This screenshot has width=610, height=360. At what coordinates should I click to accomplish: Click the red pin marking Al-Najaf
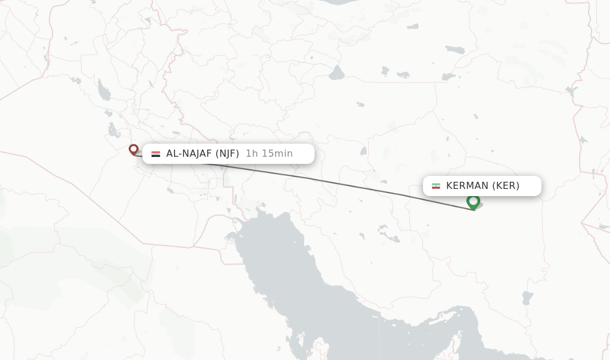click(133, 149)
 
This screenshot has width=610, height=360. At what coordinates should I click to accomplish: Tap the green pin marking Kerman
click(473, 201)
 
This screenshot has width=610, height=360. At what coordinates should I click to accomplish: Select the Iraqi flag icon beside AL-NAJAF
click(155, 154)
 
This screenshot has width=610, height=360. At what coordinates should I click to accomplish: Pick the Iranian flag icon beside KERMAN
click(436, 186)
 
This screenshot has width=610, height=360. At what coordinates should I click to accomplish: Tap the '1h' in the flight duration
click(251, 154)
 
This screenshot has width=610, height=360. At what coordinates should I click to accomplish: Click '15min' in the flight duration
click(277, 154)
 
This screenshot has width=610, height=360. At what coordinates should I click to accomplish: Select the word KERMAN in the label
click(468, 186)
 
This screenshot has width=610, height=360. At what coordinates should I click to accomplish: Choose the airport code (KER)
click(506, 186)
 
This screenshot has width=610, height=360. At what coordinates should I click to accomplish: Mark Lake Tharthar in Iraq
click(105, 92)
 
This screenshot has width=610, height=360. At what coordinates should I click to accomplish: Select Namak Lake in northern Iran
click(337, 73)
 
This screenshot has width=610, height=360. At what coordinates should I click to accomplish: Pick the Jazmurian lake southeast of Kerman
click(527, 297)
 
